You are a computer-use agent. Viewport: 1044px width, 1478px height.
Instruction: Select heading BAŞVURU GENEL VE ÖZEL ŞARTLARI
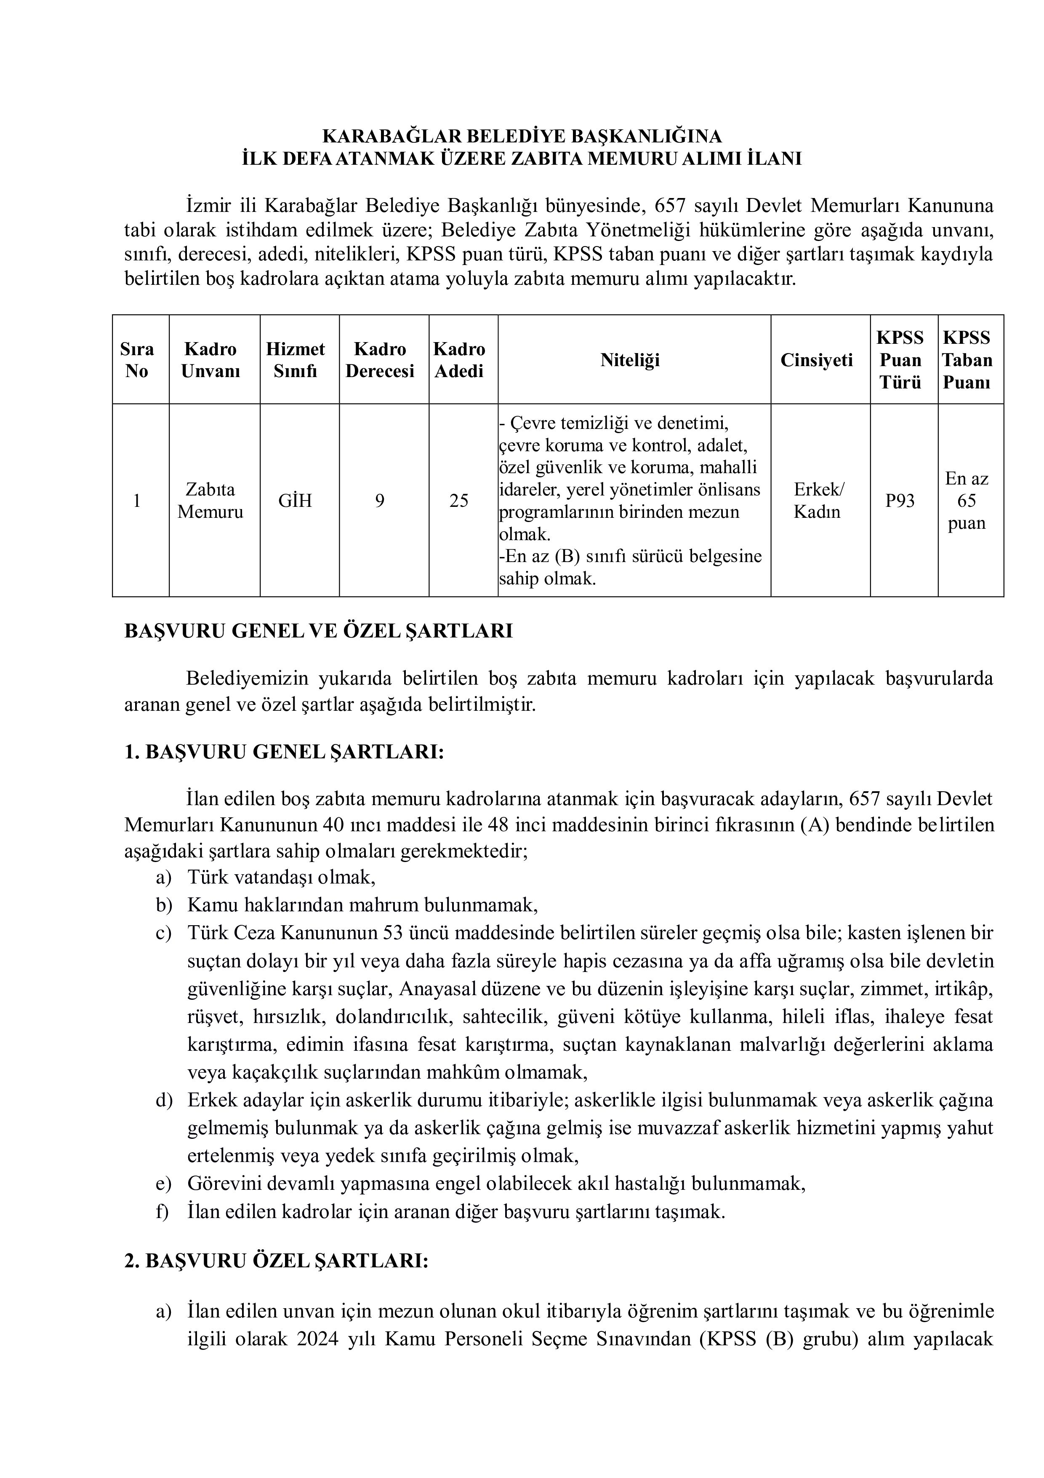point(318,631)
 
